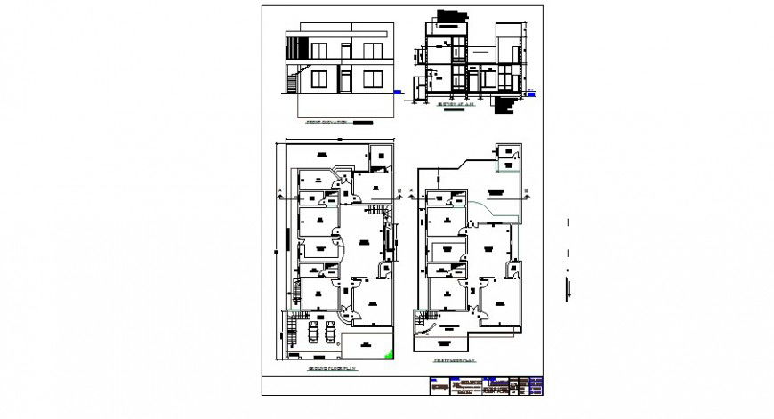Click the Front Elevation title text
[326, 122]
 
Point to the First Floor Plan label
[456, 360]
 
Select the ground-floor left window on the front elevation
[318, 81]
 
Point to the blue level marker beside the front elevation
[397, 90]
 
